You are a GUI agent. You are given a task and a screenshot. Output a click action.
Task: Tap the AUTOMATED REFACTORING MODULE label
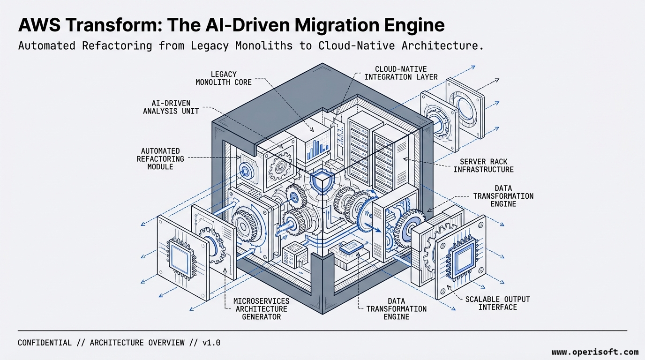click(160, 159)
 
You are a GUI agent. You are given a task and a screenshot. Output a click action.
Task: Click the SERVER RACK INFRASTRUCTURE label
click(483, 165)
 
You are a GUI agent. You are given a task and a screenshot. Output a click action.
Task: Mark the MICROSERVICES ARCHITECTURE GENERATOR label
click(261, 308)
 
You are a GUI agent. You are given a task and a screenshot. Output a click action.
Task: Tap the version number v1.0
click(211, 343)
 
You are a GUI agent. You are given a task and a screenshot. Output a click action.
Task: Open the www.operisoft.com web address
click(594, 352)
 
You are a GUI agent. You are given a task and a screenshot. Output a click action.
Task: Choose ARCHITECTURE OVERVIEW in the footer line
click(137, 343)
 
